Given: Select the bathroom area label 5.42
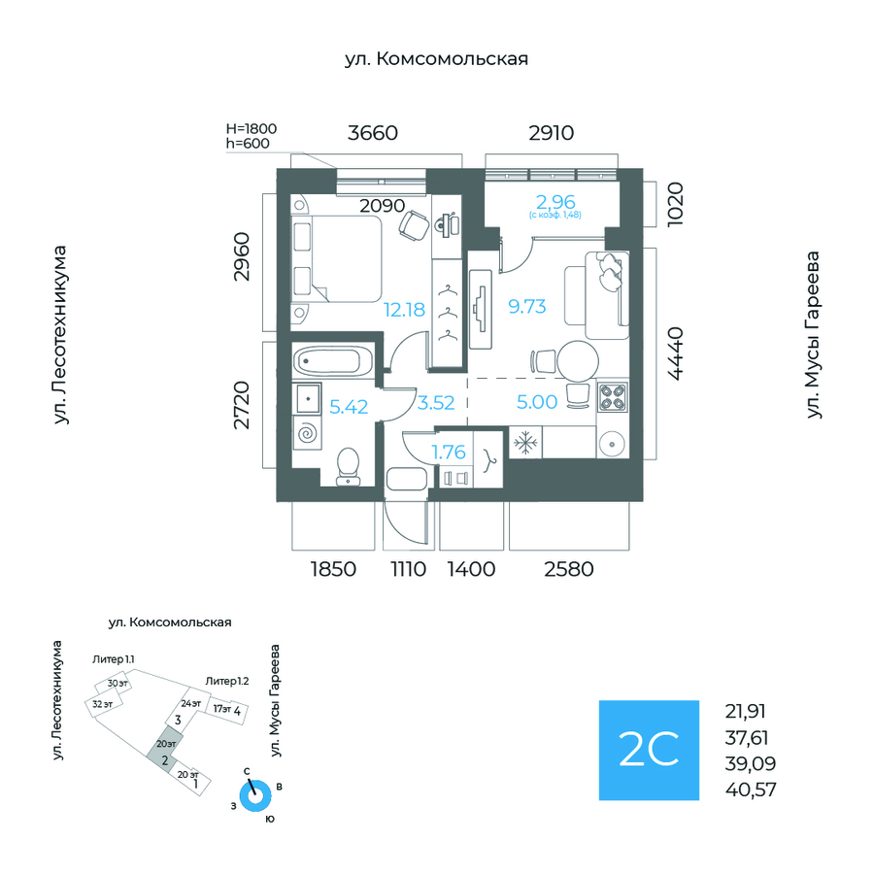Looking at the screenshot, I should click(x=349, y=407).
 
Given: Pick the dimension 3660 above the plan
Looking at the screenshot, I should click(x=373, y=133).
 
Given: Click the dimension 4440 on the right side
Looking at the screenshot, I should click(x=673, y=356).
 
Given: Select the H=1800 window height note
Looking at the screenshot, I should click(x=252, y=128).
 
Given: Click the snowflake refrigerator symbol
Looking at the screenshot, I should click(x=524, y=443).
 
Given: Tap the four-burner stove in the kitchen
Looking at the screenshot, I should click(x=614, y=397).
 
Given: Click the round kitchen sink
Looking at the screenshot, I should click(x=613, y=445).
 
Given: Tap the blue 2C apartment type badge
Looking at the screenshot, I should click(x=648, y=750).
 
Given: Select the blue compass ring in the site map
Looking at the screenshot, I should click(x=256, y=795).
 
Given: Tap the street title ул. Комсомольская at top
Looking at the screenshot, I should click(x=436, y=59).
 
